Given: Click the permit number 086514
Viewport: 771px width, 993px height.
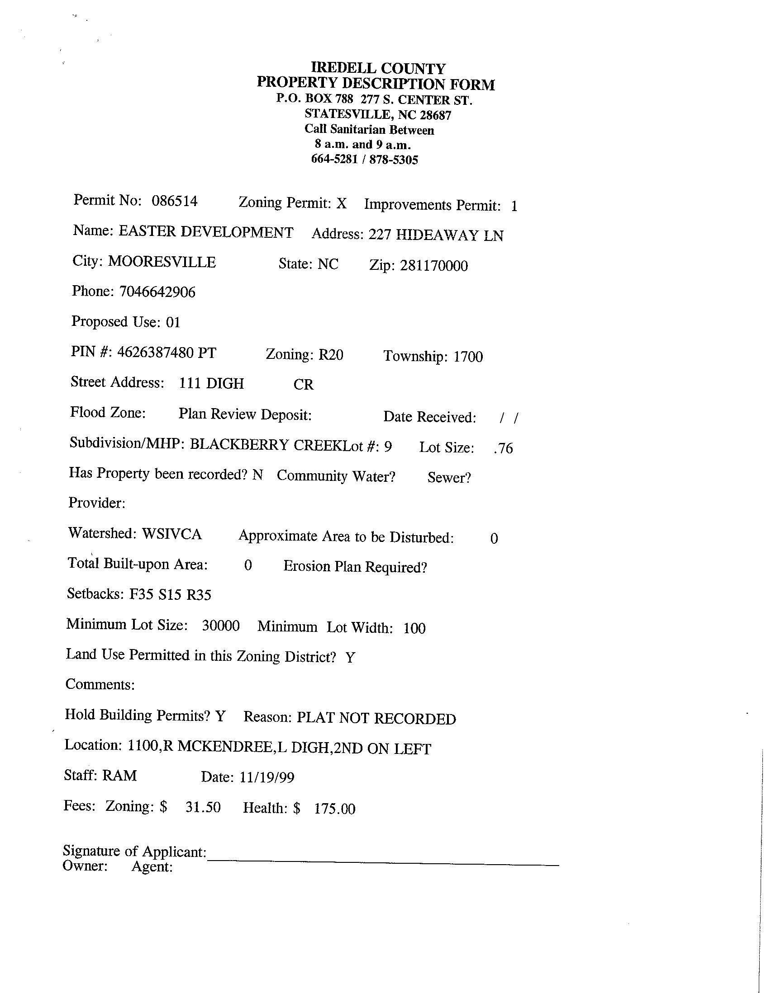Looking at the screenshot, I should tap(174, 201).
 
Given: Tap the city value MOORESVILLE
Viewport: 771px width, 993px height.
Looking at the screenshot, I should tap(162, 262).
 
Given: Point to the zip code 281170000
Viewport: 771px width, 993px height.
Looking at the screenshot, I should tap(434, 265).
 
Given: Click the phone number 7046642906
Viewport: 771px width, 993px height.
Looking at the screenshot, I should tap(157, 292).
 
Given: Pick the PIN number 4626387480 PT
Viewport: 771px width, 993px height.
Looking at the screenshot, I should tap(167, 353).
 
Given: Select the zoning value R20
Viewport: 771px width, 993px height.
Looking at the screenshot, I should tap(330, 355).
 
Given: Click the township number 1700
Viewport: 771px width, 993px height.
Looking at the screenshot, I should tap(468, 357).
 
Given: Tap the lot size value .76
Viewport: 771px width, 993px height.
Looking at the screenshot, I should tap(504, 448).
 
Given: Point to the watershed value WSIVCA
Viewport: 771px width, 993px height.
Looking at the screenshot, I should tap(171, 533).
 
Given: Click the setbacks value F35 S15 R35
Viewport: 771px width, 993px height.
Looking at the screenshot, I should tap(170, 595).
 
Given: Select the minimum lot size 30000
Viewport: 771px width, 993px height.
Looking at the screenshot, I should tap(221, 626).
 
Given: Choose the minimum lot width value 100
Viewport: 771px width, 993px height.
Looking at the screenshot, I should tap(414, 628).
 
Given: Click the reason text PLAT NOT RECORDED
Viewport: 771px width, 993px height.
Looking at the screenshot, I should tap(376, 718).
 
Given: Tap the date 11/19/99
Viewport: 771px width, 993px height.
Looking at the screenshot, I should tap(267, 777).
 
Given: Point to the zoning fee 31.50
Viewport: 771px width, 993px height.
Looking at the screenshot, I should tap(203, 807).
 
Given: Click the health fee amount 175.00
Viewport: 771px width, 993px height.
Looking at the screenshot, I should tap(334, 809).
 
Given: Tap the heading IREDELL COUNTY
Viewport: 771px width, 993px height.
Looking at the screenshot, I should tap(378, 68).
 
